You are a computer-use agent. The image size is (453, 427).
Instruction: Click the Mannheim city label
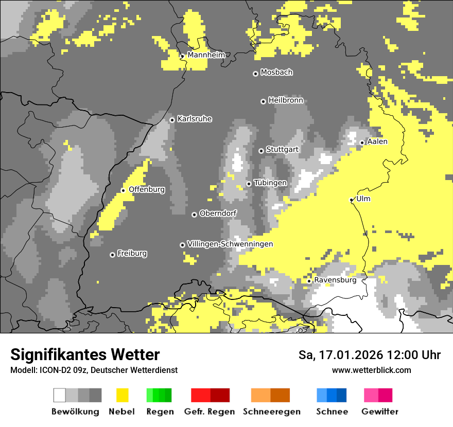click(206, 55)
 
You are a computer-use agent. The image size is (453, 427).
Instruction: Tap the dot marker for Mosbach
click(255, 74)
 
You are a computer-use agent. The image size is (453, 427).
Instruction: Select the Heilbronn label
click(286, 100)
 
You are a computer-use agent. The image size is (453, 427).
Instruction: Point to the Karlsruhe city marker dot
click(172, 120)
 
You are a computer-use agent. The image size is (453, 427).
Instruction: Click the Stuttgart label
click(282, 150)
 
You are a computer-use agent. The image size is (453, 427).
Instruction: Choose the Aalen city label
click(377, 141)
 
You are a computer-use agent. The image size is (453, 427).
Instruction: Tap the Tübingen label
click(270, 183)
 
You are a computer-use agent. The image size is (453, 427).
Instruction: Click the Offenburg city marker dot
click(123, 190)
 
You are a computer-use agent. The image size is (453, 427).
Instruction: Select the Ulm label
click(363, 199)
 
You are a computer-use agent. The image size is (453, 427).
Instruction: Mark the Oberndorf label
click(218, 213)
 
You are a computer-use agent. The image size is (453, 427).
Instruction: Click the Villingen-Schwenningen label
click(230, 244)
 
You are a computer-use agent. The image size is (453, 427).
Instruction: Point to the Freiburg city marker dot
click(112, 255)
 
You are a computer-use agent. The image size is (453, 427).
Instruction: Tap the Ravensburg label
click(335, 280)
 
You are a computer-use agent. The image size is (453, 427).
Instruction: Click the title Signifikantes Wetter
click(85, 354)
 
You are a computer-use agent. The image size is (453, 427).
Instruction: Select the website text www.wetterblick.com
click(371, 370)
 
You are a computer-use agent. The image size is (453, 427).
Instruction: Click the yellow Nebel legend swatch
click(122, 395)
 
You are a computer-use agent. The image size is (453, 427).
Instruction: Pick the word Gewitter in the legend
click(380, 412)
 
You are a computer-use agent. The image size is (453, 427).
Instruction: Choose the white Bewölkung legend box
click(60, 395)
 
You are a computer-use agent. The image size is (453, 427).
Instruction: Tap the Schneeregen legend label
click(271, 412)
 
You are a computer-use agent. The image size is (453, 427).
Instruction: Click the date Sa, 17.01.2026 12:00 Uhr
click(370, 355)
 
